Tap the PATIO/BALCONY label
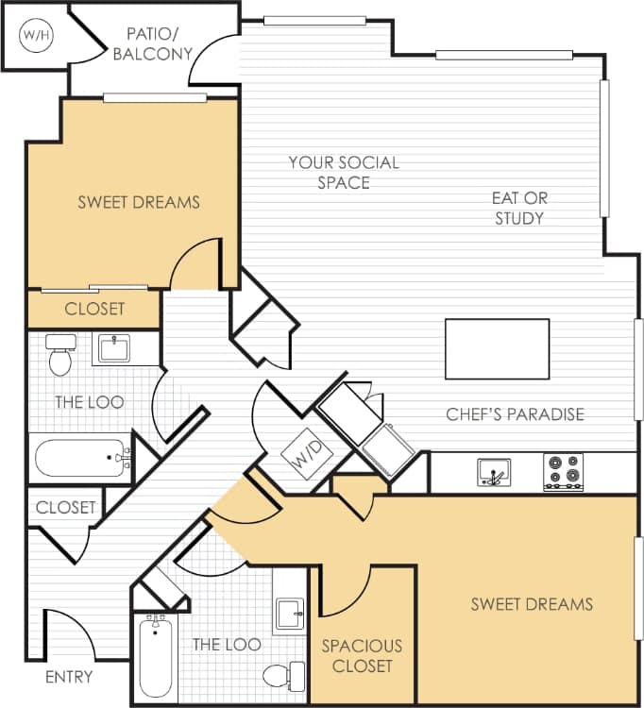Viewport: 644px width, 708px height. pos(152,43)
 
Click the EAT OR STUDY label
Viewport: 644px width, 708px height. pos(519,208)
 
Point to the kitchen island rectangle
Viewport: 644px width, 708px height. pos(497,349)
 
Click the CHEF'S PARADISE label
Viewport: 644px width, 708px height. pos(515,413)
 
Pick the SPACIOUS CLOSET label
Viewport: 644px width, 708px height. pos(362,656)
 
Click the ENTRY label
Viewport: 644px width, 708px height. pos(69,677)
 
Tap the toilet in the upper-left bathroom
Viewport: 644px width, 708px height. pos(60,355)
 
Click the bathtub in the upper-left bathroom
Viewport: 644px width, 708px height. pos(81,460)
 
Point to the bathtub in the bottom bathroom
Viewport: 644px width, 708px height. pos(154,654)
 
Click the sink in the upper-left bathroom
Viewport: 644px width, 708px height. pos(116,348)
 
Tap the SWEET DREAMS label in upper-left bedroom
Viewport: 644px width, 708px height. pos(139,201)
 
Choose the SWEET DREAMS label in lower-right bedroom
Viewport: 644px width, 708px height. pos(532,603)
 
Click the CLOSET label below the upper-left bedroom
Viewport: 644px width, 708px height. pos(94,309)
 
